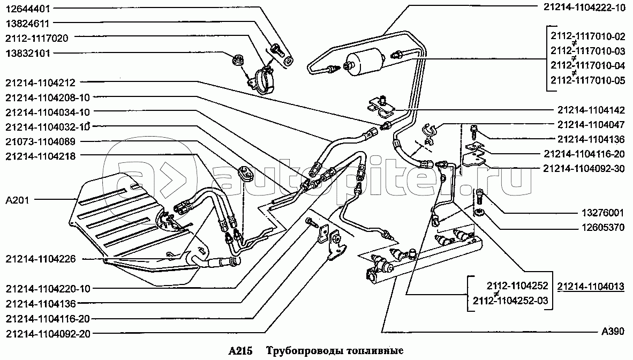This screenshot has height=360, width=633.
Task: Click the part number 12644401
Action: point(27,9)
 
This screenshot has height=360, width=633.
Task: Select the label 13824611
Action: point(27,24)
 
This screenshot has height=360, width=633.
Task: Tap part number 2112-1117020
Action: point(37,39)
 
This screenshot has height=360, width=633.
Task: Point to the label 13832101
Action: point(27,54)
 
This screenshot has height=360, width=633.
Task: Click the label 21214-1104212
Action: point(40,83)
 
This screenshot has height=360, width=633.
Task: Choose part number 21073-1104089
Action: point(40,141)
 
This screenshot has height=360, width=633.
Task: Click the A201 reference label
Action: point(17,200)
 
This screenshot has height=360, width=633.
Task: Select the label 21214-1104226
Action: point(40,259)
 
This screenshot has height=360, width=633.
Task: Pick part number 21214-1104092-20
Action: point(48,334)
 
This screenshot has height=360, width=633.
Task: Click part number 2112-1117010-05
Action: point(587,80)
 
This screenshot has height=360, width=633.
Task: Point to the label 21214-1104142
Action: point(591,110)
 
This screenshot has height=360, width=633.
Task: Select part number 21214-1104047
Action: point(591,125)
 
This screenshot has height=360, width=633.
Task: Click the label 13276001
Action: point(602,213)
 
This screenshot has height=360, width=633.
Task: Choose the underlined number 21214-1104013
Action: point(591,286)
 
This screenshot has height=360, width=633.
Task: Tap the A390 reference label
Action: point(613,331)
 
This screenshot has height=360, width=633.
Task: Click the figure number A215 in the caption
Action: point(240,351)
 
